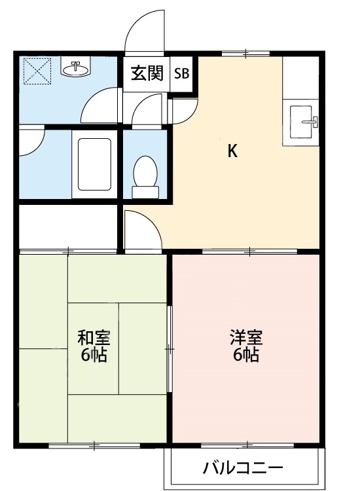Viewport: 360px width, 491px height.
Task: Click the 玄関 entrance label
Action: pos(147,73)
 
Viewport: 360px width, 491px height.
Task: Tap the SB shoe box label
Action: pos(181,73)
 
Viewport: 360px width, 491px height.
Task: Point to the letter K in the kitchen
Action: pos(232,151)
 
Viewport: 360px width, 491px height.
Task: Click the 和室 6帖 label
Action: pos(94,346)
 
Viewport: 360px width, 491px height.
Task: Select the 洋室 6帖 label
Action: pos(245,346)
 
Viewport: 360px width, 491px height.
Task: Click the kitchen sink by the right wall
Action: pos(302,122)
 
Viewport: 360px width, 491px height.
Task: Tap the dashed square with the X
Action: pos(37,71)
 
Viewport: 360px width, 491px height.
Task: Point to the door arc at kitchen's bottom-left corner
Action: pos(141,229)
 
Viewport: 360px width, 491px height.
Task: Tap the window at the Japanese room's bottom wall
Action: pos(94,446)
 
